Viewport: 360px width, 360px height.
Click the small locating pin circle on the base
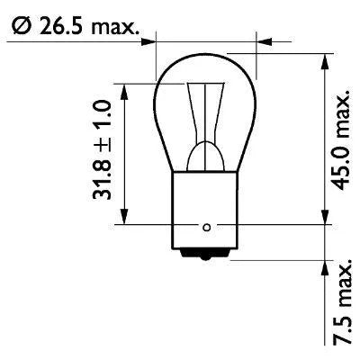click(x=207, y=226)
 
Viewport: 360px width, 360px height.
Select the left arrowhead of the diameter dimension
click(x=151, y=40)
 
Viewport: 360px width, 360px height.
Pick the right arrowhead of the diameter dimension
click(x=263, y=40)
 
